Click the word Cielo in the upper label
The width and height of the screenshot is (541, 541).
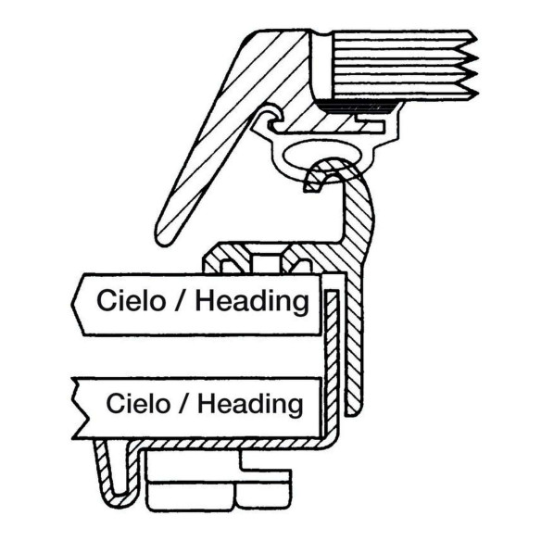pos(132,300)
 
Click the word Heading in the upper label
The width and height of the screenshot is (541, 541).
pos(252,302)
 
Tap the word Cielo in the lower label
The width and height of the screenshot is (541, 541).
pos(138,403)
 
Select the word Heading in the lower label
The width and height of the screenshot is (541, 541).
pos(250,405)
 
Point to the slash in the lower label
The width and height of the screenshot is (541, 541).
pos(184,404)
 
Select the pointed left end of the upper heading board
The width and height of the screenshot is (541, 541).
pos(73,304)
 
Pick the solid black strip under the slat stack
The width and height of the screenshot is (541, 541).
pos(359,107)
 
